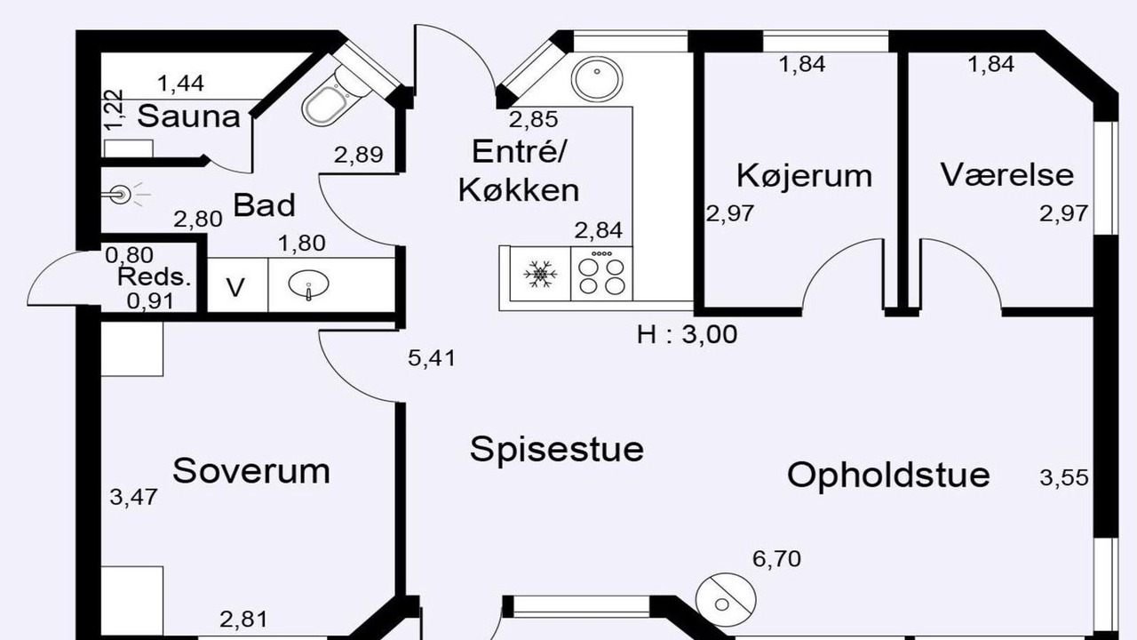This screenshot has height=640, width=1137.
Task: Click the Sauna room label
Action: click(x=189, y=116)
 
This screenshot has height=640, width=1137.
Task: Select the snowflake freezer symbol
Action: click(x=540, y=275)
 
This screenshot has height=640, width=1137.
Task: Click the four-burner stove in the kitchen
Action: click(x=601, y=274)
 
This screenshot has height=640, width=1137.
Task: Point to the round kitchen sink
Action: click(x=597, y=80)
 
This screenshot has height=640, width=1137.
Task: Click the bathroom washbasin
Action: click(x=308, y=284)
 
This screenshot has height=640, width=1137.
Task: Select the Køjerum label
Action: click(x=805, y=176)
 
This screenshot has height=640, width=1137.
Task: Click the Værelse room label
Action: click(x=1007, y=174)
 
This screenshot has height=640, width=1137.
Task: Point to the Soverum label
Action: click(x=251, y=471)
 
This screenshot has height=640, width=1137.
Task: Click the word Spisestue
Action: click(x=557, y=450)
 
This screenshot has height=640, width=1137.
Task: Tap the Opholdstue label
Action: click(x=888, y=475)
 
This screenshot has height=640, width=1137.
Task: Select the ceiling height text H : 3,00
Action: click(x=688, y=335)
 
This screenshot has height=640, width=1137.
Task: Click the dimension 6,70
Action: click(x=776, y=559)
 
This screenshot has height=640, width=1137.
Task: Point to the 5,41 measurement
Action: click(x=432, y=358)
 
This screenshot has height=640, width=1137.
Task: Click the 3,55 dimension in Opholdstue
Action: click(x=1064, y=477)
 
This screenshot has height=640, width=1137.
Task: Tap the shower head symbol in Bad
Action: click(x=123, y=194)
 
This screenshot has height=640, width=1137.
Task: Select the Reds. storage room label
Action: click(x=155, y=277)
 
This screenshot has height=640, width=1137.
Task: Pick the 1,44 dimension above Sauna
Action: click(x=181, y=84)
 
